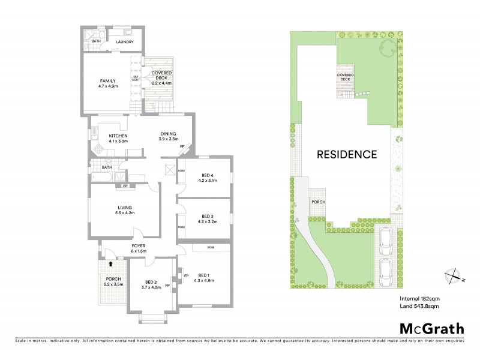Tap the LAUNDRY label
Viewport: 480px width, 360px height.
pos(124,42)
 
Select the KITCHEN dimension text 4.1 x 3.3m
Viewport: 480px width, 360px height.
pos(118,141)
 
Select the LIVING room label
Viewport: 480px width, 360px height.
pos(126,208)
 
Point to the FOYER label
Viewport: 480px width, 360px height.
pos(139,245)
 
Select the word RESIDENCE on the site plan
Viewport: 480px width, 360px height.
pos(347,154)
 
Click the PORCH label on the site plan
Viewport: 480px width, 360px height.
pos(317,202)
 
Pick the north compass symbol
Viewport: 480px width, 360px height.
pos(452,276)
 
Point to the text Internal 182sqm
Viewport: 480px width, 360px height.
pos(420,298)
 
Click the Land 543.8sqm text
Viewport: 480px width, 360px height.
pos(420,307)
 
